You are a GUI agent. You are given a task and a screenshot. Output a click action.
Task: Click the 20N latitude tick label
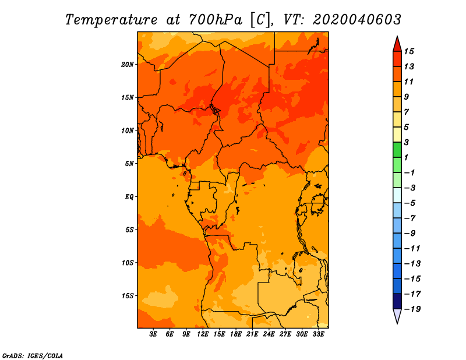pyautogui.click(x=128, y=65)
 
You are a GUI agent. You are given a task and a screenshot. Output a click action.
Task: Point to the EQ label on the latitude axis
pyautogui.click(x=129, y=197)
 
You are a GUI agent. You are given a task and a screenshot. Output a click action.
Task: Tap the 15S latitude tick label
pyautogui.click(x=128, y=296)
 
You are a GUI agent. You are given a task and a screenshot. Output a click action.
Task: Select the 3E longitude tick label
pyautogui.click(x=153, y=334)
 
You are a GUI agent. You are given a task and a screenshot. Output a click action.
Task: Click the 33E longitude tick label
pyautogui.click(x=318, y=334)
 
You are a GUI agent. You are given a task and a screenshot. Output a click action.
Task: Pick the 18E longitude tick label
pyautogui.click(x=236, y=334)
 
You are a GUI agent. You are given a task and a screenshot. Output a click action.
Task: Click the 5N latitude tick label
pyautogui.click(x=129, y=164)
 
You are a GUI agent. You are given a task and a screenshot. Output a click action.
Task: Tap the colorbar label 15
pyautogui.click(x=409, y=51)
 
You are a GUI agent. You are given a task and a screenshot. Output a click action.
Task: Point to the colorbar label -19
pyautogui.click(x=412, y=309)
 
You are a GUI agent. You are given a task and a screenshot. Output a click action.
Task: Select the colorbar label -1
pyautogui.click(x=409, y=172)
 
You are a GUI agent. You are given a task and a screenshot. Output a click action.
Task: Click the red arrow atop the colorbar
pyautogui.click(x=397, y=44)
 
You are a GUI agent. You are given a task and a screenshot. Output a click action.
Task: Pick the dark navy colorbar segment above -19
pyautogui.click(x=397, y=301)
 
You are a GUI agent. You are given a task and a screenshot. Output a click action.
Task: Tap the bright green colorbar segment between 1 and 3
pyautogui.click(x=397, y=150)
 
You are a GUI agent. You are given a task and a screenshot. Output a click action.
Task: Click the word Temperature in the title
pyautogui.click(x=111, y=20)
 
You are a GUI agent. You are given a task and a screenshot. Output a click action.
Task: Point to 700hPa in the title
pyautogui.click(x=216, y=20)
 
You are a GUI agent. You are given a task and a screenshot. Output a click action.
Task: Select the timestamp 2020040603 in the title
pyautogui.click(x=357, y=20)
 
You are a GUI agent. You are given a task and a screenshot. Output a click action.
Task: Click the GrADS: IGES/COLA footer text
pyautogui.click(x=33, y=356)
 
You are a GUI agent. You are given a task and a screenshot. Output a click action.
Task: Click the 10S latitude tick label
pyautogui.click(x=128, y=263)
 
